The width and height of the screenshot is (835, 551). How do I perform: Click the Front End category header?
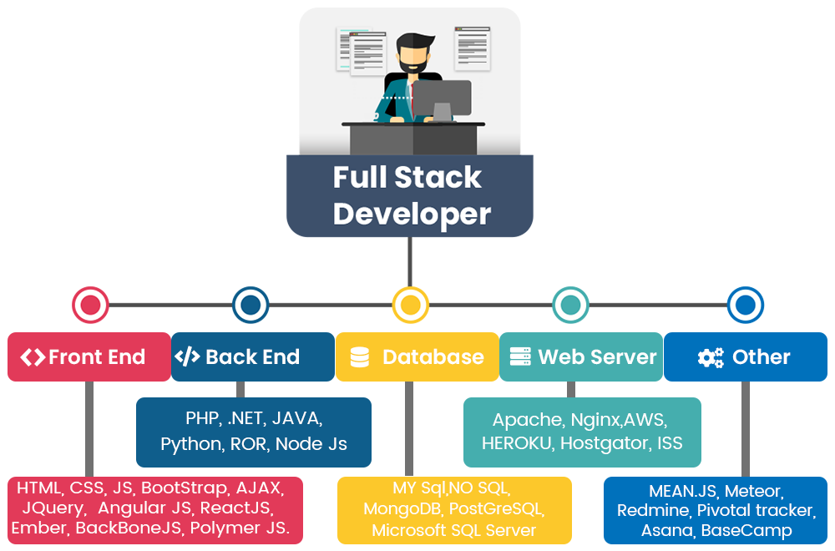(x=89, y=357)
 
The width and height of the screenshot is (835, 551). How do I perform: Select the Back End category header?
(x=252, y=357)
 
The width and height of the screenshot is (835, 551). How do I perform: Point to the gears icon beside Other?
(x=711, y=358)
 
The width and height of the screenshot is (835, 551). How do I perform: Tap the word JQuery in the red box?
(x=53, y=508)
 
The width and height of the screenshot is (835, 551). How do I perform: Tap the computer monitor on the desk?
(x=442, y=99)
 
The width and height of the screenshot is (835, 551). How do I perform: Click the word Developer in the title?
(x=412, y=214)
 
